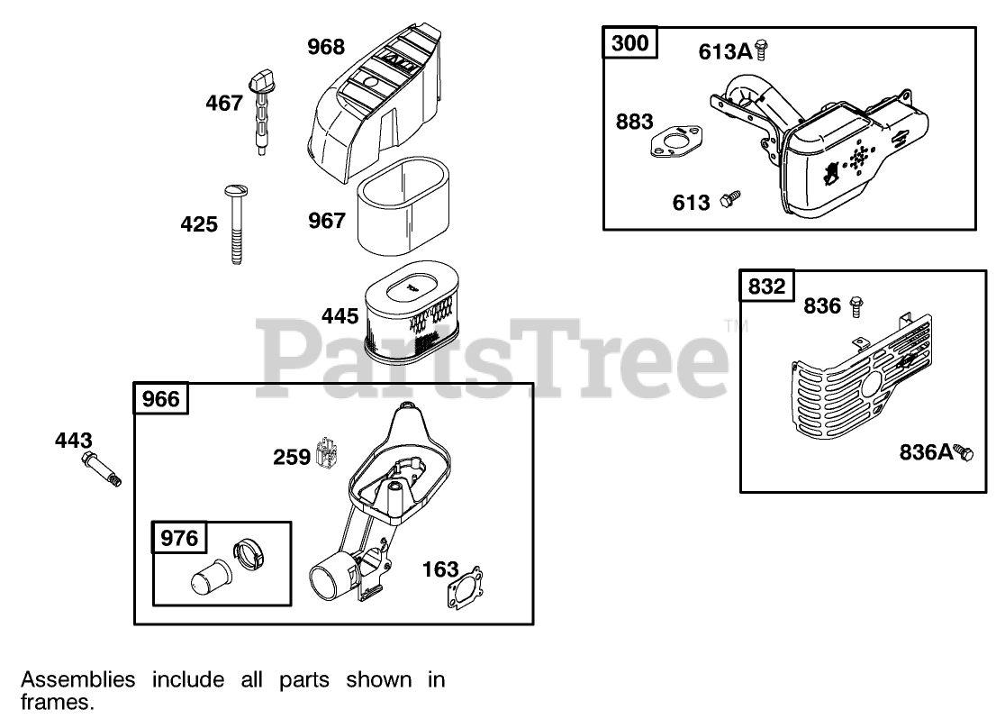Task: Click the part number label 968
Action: click(326, 47)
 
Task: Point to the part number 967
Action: click(327, 220)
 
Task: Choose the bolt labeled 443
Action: click(103, 470)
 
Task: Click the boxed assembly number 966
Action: click(162, 399)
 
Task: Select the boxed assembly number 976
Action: click(179, 539)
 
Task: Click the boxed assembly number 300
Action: click(630, 42)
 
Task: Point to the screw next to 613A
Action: click(761, 50)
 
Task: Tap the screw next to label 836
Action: click(856, 307)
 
